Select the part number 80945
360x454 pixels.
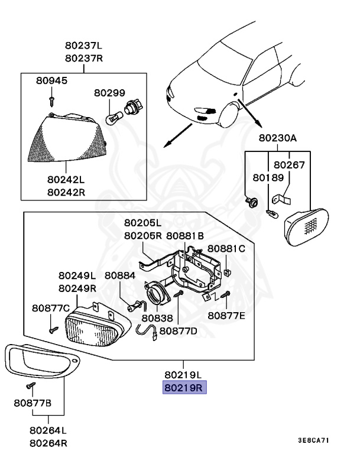click(51, 80)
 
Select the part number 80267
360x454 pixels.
click(288, 165)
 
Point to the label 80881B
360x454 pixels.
click(184, 235)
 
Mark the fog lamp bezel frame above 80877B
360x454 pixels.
click(35, 361)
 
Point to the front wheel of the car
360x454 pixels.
click(228, 114)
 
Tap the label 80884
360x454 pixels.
click(120, 275)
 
